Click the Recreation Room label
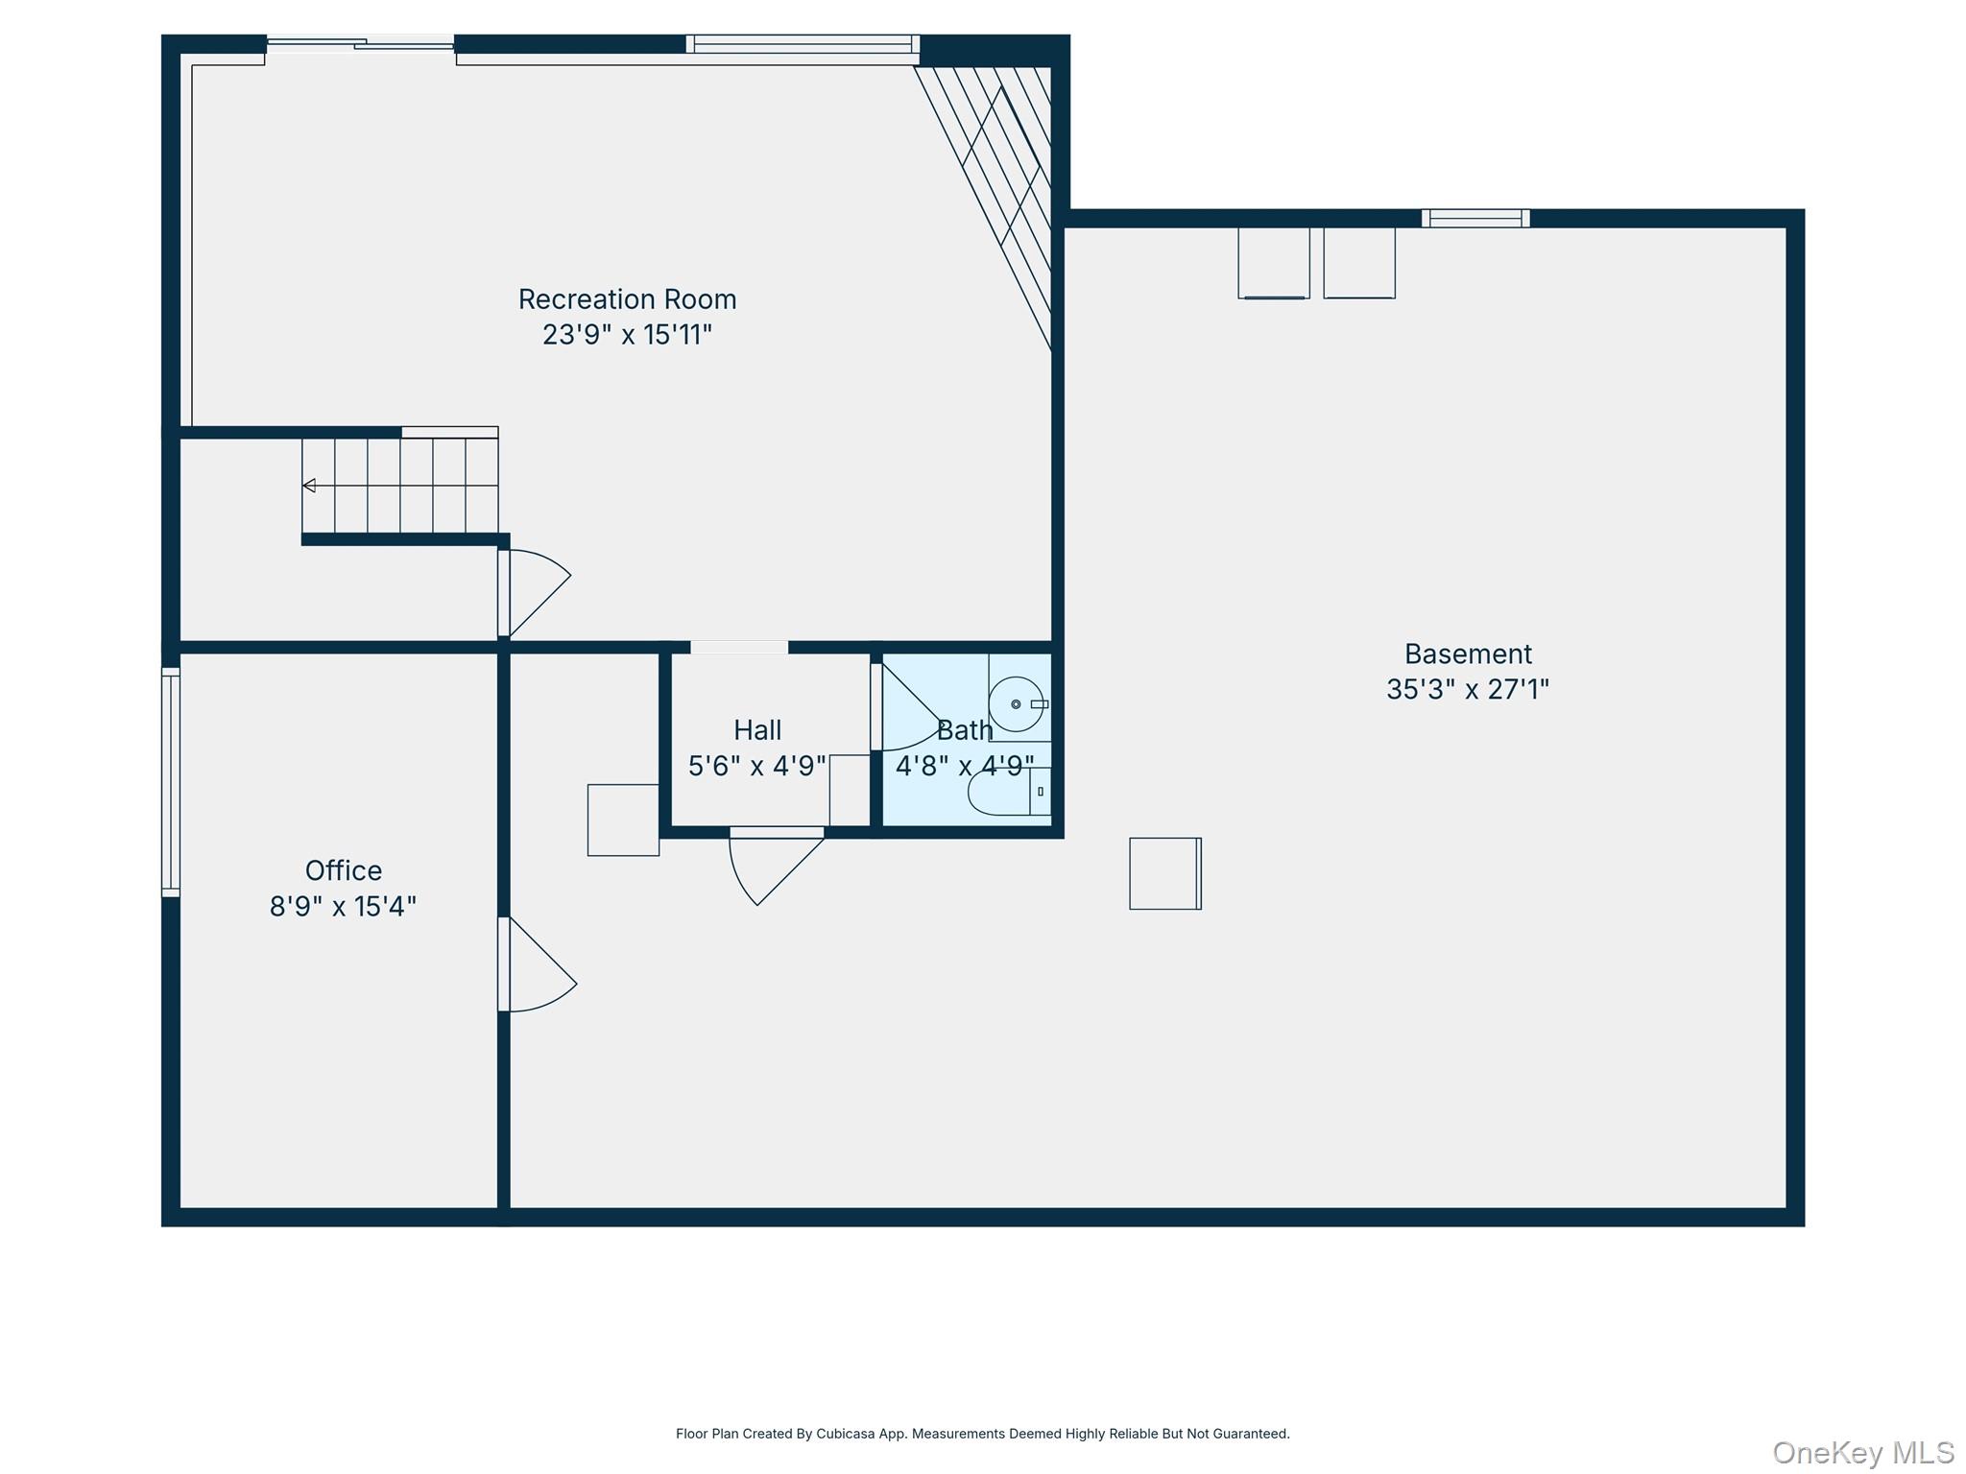[627, 299]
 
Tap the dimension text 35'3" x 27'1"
[1467, 689]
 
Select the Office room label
[343, 870]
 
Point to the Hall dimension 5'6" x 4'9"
[756, 766]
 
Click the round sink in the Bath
[1015, 704]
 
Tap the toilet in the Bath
[1003, 792]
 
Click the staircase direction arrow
[309, 486]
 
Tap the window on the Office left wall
[171, 782]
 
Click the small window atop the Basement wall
[1475, 219]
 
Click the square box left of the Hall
[623, 820]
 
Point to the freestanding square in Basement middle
[1164, 873]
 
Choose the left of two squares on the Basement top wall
[1273, 262]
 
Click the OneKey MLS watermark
[1862, 1452]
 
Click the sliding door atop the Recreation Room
[360, 43]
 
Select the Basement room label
[1467, 654]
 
